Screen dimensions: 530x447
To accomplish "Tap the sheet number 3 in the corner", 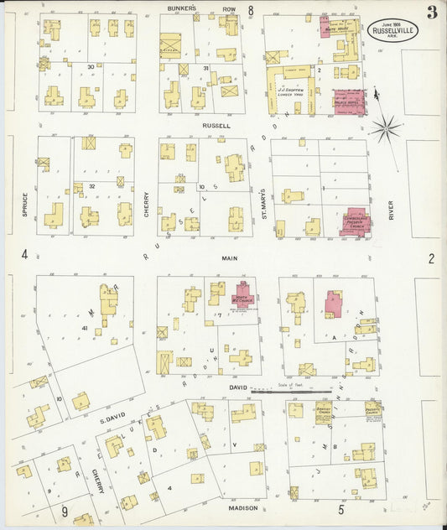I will tap(430, 13).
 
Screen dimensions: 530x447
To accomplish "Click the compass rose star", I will tap(386, 128).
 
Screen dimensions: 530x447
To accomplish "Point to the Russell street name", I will tap(216, 126).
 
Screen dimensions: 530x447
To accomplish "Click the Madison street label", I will tap(243, 507).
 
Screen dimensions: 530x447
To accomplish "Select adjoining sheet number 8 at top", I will tap(250, 10).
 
